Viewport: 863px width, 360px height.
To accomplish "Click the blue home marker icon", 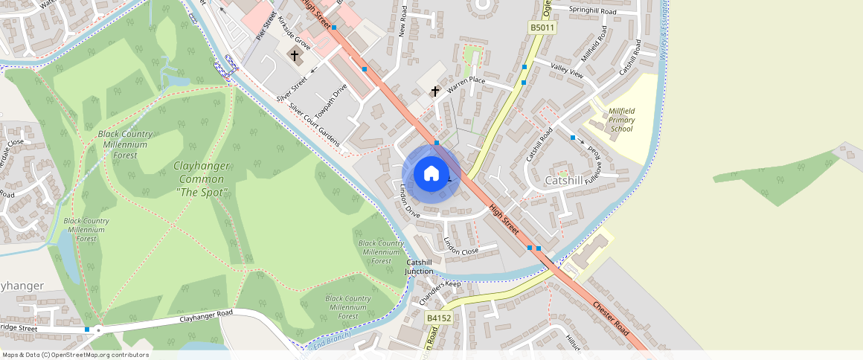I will point(431,174).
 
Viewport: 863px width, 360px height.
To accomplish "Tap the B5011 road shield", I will point(542,28).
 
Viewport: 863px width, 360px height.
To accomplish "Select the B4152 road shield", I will point(439,318).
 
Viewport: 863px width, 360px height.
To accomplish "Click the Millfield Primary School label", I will point(621,120).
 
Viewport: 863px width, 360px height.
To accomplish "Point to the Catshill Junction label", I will point(419,267).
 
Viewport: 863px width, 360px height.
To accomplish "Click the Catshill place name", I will point(564,181).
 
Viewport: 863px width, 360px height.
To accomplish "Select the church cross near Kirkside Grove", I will point(295,55).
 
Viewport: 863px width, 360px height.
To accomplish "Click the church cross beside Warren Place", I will point(435,91).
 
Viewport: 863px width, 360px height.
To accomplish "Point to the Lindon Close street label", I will point(461,246).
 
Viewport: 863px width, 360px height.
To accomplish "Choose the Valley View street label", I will point(567,69).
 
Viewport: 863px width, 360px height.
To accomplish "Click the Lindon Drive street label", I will point(410,201).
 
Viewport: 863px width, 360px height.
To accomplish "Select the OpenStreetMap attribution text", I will point(75,355).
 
